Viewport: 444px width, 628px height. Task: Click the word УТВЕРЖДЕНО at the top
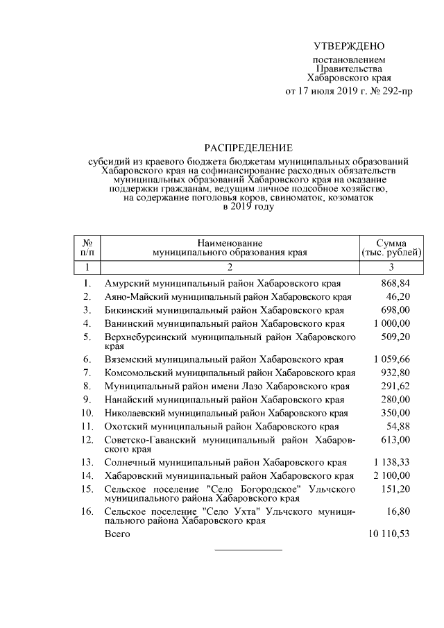coord(349,46)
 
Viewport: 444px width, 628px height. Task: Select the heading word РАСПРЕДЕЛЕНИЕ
coord(248,147)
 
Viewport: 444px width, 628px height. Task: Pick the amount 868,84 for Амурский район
coord(396,284)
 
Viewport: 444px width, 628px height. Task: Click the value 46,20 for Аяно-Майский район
coord(400,297)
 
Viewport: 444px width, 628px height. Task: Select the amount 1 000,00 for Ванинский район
coord(392,323)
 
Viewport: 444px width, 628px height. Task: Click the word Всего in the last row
coord(117,536)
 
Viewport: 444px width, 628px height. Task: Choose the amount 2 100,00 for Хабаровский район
coord(392,476)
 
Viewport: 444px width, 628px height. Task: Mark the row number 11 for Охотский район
coord(87,426)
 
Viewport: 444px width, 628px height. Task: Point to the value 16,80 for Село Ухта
coord(400,511)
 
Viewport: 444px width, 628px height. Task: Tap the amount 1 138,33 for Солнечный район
coord(392,462)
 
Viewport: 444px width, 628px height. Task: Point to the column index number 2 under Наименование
coord(230,266)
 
